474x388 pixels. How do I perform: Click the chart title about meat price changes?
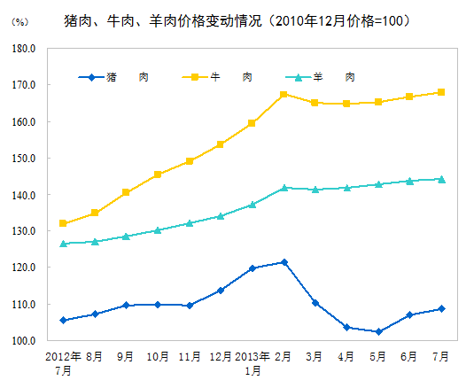237,19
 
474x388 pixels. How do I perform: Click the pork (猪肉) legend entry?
113,78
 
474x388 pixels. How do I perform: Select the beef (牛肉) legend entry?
216,78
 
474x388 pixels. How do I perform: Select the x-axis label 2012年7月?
63,362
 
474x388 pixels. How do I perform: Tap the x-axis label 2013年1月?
253,362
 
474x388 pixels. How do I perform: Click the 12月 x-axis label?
221,356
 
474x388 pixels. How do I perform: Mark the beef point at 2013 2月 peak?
284,94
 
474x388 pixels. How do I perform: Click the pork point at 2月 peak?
284,262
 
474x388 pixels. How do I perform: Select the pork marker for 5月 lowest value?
378,331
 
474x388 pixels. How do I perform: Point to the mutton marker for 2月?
284,188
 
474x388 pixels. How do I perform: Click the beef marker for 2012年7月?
63,223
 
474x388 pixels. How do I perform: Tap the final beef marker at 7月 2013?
441,92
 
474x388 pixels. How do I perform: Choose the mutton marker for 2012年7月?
63,244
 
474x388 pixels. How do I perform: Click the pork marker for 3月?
315,303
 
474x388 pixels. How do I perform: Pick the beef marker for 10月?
158,175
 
